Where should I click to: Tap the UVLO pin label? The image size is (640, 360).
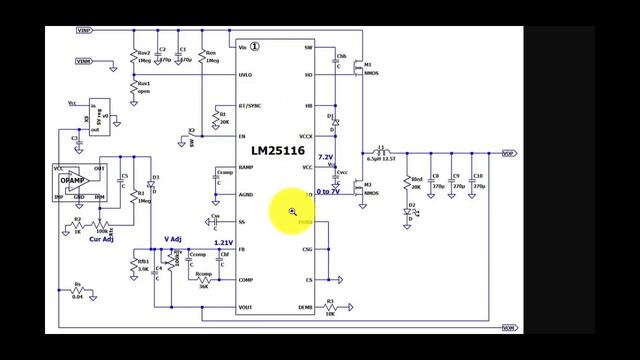246,75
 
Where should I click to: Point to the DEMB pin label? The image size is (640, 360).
306,308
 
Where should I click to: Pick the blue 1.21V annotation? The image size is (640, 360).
223,243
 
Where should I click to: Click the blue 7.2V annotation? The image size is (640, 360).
325,158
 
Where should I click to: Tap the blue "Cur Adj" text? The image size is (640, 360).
100,239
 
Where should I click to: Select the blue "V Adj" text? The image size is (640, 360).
173,239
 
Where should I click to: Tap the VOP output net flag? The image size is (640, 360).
509,153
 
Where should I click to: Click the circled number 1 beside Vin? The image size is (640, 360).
255,46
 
